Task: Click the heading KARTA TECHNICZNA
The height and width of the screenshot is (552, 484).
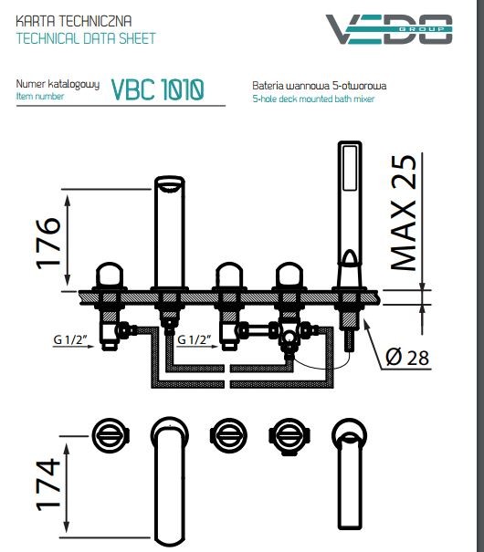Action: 68,20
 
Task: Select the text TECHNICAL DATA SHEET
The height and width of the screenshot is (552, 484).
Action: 86,39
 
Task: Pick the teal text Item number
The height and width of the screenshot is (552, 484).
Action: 40,96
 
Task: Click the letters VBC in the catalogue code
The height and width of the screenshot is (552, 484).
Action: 132,89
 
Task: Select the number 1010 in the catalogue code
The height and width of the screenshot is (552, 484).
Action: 179,89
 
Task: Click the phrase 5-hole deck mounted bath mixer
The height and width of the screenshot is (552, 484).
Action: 313,99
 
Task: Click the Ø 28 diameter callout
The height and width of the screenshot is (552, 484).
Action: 405,359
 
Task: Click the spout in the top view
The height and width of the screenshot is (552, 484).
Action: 169,474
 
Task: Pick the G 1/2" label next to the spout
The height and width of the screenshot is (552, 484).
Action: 196,340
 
